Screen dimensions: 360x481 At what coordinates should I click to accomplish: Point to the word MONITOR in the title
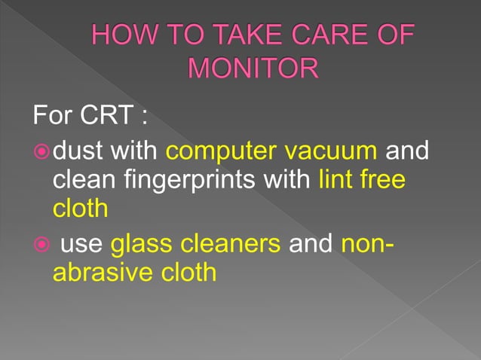point(252,69)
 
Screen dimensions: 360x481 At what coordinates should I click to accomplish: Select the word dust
point(80,151)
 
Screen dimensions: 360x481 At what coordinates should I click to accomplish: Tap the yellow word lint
point(336,181)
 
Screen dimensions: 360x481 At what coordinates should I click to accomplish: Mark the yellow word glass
point(139,244)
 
